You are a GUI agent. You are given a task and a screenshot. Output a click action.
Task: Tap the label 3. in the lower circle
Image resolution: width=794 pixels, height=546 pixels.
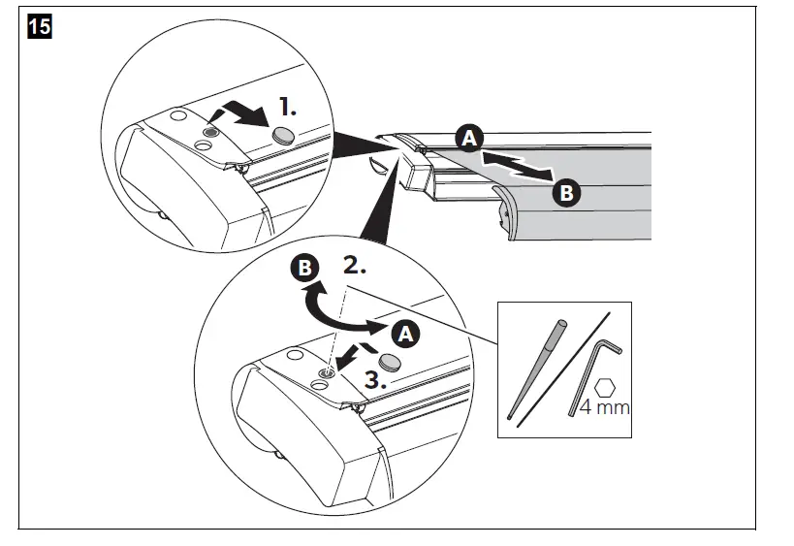(368, 381)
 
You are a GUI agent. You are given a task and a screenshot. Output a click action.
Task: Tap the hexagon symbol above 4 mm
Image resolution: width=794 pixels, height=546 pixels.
(605, 385)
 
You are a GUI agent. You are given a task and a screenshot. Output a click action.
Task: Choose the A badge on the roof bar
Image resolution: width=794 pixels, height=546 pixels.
(468, 140)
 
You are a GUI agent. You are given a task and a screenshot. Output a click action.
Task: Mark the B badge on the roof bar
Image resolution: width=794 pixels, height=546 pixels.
(566, 193)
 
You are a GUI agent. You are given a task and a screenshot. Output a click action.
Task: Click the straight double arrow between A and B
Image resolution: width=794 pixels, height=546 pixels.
(517, 166)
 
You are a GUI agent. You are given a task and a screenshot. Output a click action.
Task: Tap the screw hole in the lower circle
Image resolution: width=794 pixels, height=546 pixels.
(328, 371)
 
